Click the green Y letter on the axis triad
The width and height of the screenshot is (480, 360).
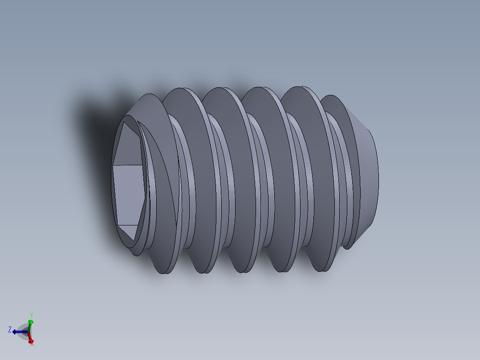click(31, 315)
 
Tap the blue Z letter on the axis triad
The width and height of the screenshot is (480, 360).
click(9, 330)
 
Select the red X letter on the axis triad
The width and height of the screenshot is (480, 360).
click(32, 343)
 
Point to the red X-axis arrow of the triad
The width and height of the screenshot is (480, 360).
click(30, 338)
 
